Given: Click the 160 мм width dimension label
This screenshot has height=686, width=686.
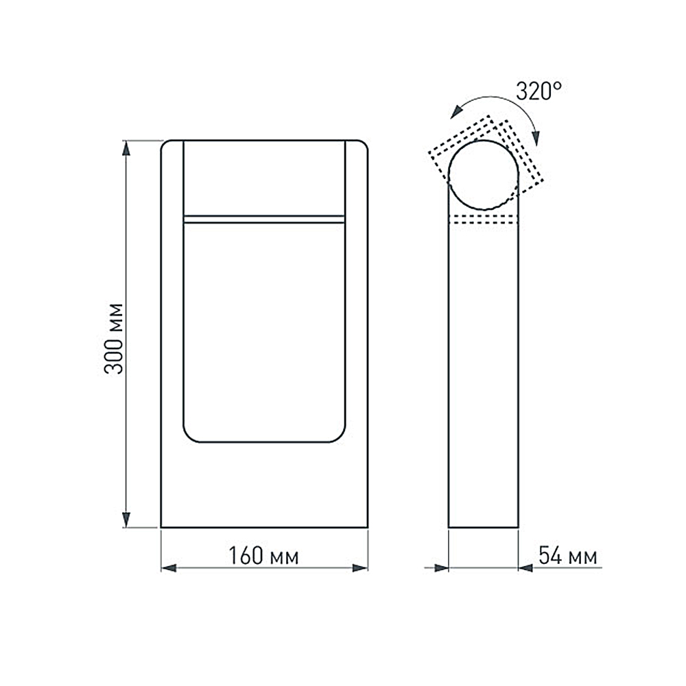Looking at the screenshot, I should pyautogui.click(x=263, y=556).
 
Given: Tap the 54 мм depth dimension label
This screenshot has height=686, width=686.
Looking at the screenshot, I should pyautogui.click(x=567, y=556).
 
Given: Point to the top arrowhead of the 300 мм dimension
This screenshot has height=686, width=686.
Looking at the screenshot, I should pyautogui.click(x=126, y=147).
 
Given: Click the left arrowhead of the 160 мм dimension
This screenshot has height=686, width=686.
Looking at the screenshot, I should pyautogui.click(x=169, y=568).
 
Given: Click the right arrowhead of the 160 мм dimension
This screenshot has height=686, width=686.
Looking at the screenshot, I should pyautogui.click(x=360, y=568).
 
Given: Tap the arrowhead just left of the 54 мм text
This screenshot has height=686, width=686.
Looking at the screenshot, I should pyautogui.click(x=525, y=568).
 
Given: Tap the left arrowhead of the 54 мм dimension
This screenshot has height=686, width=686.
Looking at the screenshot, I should pyautogui.click(x=440, y=568).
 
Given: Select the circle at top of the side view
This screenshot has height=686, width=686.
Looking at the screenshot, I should pyautogui.click(x=484, y=175).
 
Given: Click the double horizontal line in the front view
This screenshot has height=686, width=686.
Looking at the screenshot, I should pyautogui.click(x=264, y=219).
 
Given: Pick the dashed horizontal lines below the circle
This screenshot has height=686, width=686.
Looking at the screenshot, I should pyautogui.click(x=483, y=220).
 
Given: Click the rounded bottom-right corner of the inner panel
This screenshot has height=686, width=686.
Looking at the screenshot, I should pyautogui.click(x=339, y=436).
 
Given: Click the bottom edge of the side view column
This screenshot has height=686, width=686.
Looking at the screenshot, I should pyautogui.click(x=483, y=528).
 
